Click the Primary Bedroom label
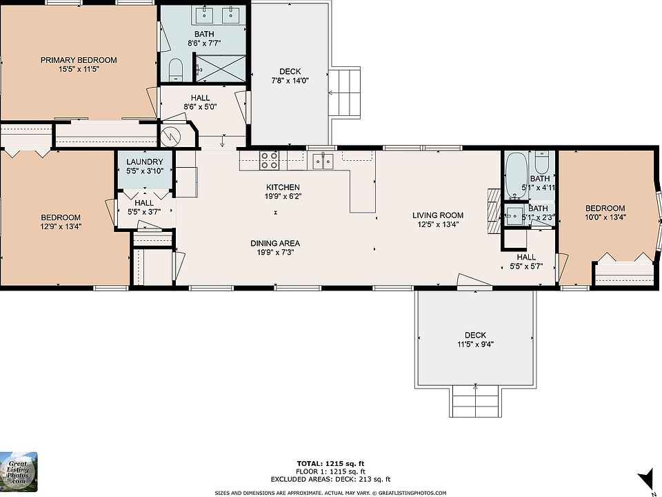coord(79,60)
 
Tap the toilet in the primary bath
coord(175,70)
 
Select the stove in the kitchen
coord(270,161)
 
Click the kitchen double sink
coord(323,161)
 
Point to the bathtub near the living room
coord(516,175)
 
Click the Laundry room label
coord(144,162)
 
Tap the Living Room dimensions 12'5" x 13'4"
coord(439,224)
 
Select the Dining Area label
coord(275,244)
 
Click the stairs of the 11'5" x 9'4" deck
coord(476,401)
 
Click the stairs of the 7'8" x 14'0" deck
coord(344,93)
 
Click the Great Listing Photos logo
coord(19,472)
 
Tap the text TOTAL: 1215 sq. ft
coord(330,464)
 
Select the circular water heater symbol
coord(172,136)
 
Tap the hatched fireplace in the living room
coord(494,211)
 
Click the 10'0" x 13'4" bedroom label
coord(605,213)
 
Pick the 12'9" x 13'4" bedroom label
coord(61,222)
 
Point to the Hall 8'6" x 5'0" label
coord(200,102)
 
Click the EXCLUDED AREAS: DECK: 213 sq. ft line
coord(330,479)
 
